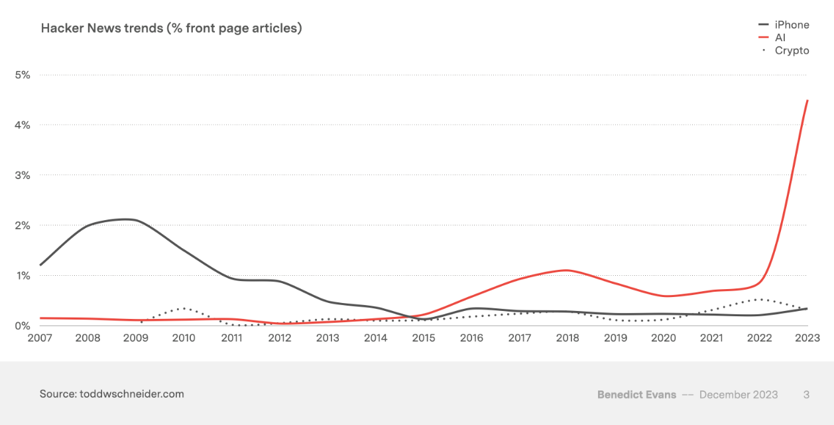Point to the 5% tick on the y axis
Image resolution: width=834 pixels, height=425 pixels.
[23, 75]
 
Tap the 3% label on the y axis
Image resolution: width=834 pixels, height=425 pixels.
[23, 175]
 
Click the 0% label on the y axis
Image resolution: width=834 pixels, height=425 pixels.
[23, 326]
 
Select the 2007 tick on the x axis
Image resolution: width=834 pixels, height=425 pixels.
[40, 338]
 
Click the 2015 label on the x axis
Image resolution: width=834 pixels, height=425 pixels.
[424, 338]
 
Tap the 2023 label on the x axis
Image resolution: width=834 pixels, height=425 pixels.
[807, 338]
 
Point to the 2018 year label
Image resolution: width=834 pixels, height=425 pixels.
[567, 338]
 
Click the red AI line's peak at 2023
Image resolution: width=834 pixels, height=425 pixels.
[807, 100]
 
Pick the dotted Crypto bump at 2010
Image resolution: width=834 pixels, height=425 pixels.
[184, 308]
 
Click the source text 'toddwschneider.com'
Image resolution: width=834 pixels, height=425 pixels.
[131, 394]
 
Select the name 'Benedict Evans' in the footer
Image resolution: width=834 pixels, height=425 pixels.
[636, 395]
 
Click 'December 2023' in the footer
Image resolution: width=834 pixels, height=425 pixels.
[739, 395]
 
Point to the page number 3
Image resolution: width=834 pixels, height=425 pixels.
[806, 395]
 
